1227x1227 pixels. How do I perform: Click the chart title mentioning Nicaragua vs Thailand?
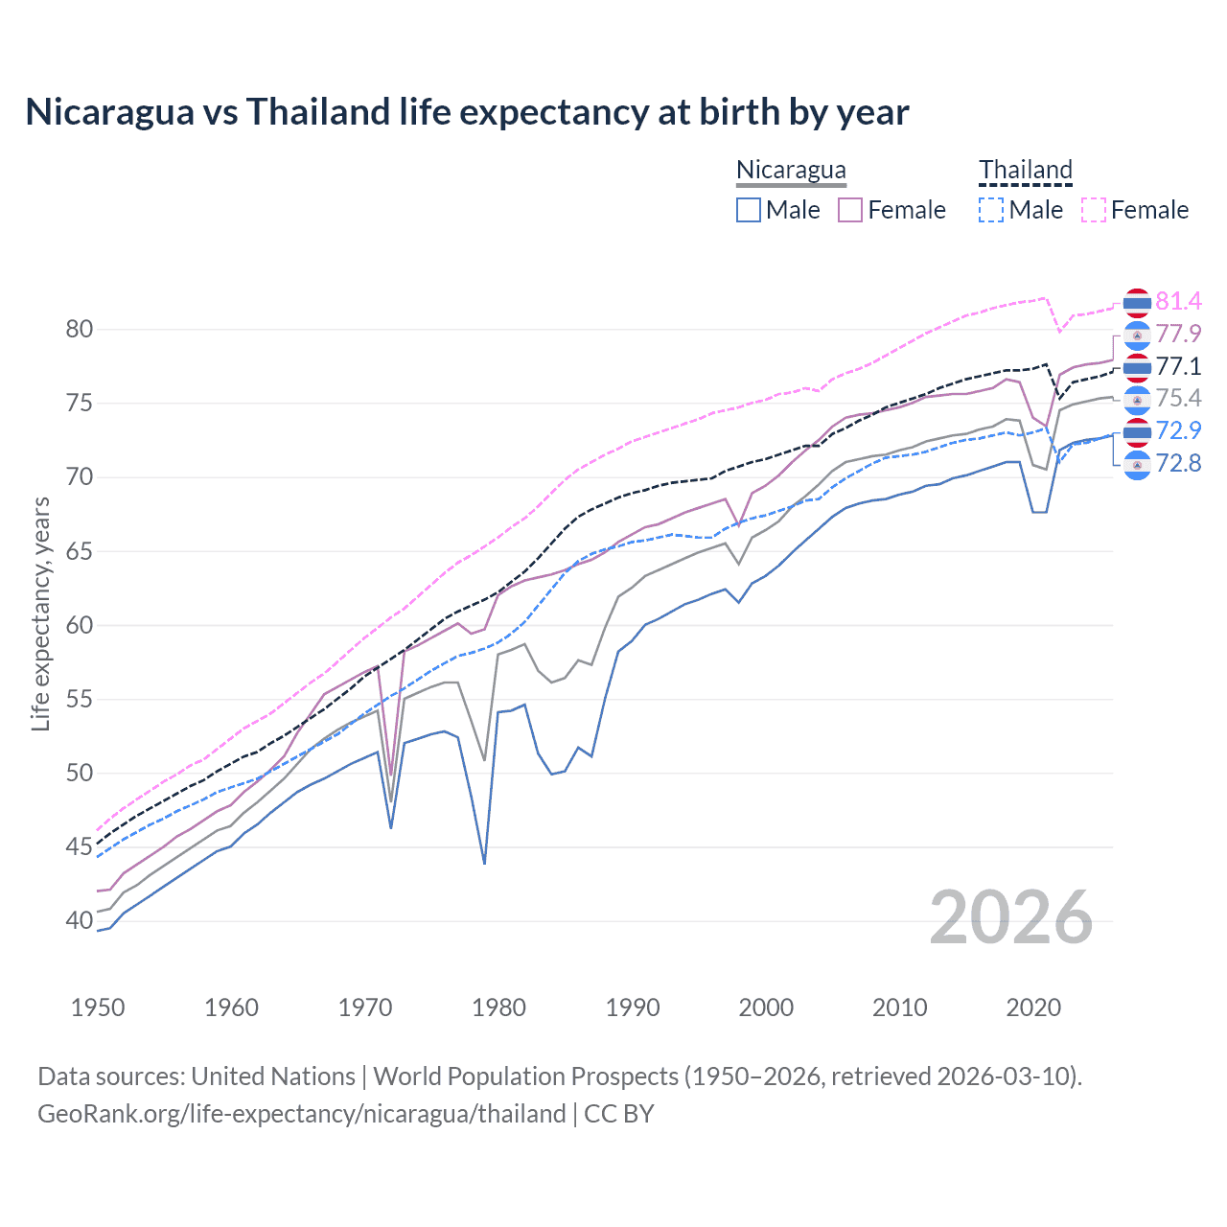(x=467, y=112)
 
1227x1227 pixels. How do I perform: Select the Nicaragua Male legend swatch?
(x=749, y=210)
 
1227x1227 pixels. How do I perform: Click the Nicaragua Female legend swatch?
(x=850, y=210)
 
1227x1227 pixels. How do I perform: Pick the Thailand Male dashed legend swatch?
(x=991, y=210)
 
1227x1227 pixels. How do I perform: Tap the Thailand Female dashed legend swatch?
(x=1093, y=210)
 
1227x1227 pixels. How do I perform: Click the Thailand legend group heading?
(x=1025, y=170)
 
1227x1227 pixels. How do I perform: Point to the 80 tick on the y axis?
(x=80, y=330)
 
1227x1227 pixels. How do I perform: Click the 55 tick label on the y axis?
(x=80, y=700)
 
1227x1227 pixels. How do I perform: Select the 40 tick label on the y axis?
(x=80, y=921)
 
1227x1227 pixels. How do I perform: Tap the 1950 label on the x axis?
(x=98, y=1007)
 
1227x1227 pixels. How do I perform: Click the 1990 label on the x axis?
(x=633, y=1007)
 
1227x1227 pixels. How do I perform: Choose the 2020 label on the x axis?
(x=1033, y=1007)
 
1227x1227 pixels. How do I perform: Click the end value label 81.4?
(x=1178, y=302)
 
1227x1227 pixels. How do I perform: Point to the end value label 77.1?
(x=1178, y=366)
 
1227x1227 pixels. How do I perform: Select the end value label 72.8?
(x=1178, y=464)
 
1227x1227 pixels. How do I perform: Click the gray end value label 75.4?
(x=1178, y=399)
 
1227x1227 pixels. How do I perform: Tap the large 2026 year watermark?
(x=1011, y=918)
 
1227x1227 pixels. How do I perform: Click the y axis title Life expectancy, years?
(x=40, y=613)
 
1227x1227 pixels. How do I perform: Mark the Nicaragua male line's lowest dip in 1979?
(x=485, y=863)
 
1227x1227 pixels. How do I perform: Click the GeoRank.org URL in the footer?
(x=302, y=1114)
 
